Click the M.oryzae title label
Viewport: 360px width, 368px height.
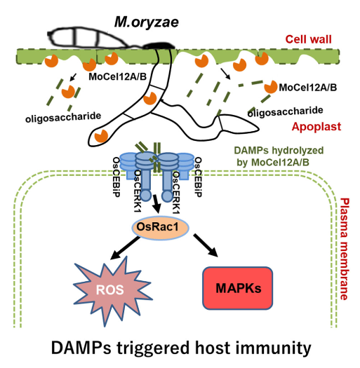click(x=147, y=23)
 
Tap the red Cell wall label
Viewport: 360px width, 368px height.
click(x=308, y=39)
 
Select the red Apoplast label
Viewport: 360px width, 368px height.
click(x=316, y=127)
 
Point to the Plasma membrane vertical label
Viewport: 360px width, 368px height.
click(x=345, y=249)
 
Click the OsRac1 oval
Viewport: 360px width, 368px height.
click(x=160, y=227)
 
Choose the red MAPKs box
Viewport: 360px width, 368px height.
click(x=238, y=288)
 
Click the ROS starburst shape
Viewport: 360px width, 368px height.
click(x=110, y=290)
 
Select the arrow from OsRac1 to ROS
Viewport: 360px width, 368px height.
click(x=124, y=248)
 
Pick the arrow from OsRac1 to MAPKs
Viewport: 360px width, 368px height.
click(x=206, y=245)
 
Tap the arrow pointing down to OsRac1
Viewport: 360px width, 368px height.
click(x=156, y=204)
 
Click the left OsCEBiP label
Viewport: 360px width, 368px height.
click(x=116, y=177)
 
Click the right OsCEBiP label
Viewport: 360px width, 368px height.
click(x=198, y=177)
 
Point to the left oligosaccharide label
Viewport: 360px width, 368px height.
click(x=63, y=117)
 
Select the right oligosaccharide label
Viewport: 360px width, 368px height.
click(x=286, y=111)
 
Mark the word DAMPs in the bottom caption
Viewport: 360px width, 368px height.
click(x=81, y=348)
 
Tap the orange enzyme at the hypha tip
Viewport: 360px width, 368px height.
click(x=101, y=135)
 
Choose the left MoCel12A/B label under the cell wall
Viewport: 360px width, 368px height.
click(x=117, y=76)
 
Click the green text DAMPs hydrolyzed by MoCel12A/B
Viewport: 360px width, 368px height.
click(x=279, y=156)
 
